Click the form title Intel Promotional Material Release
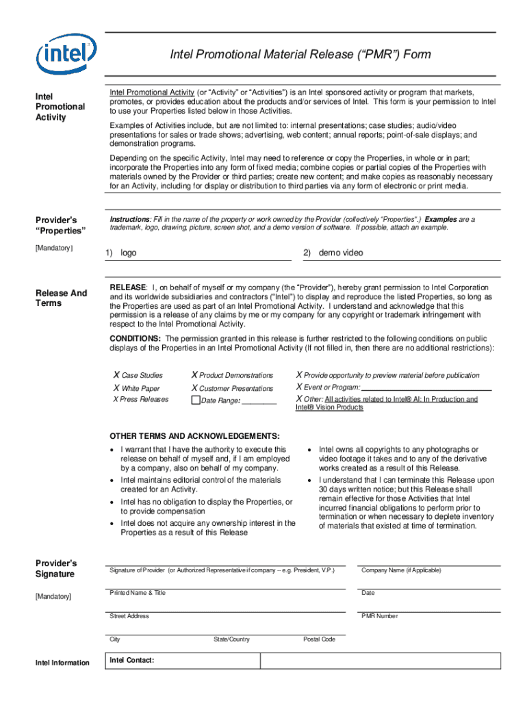[300, 54]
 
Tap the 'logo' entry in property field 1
[129, 253]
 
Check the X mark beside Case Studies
[116, 375]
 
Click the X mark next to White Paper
[116, 388]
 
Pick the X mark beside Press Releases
[116, 399]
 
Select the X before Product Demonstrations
[194, 375]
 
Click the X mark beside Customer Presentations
[194, 388]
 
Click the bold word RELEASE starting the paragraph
[128, 287]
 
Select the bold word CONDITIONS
[136, 338]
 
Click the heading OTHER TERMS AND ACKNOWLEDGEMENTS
[194, 436]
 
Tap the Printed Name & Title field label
[138, 593]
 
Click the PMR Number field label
[379, 616]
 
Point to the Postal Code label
[319, 639]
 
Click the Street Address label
[129, 616]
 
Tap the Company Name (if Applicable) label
[401, 570]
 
